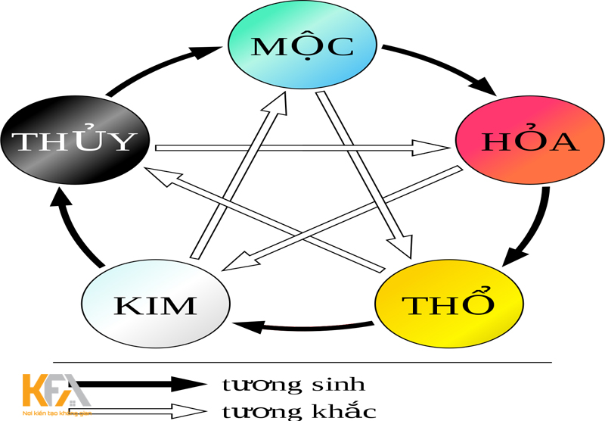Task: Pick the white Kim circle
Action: [x=155, y=304]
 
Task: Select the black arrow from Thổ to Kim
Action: [x=302, y=326]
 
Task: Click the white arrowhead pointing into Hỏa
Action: [x=431, y=147]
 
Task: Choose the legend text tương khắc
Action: [x=299, y=411]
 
